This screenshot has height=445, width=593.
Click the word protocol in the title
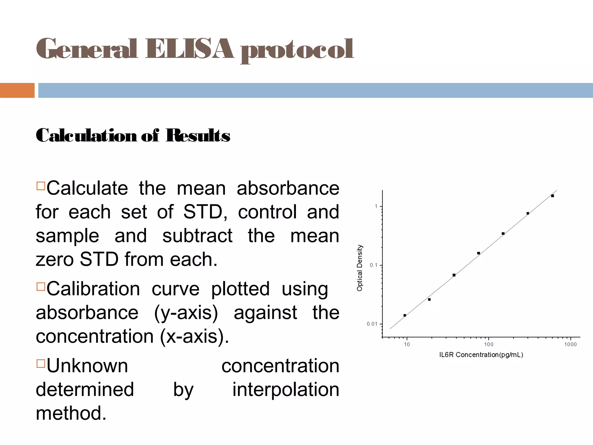pyautogui.click(x=297, y=50)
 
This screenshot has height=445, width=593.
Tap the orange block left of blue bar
pyautogui.click(x=17, y=90)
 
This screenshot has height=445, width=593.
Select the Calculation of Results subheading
pyautogui.click(x=133, y=136)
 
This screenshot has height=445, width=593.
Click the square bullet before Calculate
pyautogui.click(x=41, y=186)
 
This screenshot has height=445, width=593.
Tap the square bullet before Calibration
pyautogui.click(x=41, y=287)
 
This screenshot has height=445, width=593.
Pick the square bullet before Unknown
pyautogui.click(x=41, y=363)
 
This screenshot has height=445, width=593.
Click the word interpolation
pyautogui.click(x=285, y=389)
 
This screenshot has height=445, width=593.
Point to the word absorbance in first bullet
pyautogui.click(x=288, y=188)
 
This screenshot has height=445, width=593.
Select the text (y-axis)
pyautogui.click(x=186, y=313)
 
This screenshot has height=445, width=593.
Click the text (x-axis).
pyautogui.click(x=194, y=337)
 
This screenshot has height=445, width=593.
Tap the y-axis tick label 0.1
pyautogui.click(x=374, y=265)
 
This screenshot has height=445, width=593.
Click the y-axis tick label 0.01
pyautogui.click(x=372, y=324)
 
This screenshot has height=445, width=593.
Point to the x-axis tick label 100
pyautogui.click(x=488, y=344)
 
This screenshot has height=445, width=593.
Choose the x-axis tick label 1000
pyautogui.click(x=570, y=344)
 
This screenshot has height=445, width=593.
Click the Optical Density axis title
pyautogui.click(x=359, y=268)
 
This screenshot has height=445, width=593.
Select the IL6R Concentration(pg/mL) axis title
pyautogui.click(x=481, y=355)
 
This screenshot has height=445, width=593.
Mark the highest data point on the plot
pyautogui.click(x=552, y=196)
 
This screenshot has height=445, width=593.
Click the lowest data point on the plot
pyautogui.click(x=405, y=315)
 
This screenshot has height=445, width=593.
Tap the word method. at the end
pyautogui.click(x=71, y=413)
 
